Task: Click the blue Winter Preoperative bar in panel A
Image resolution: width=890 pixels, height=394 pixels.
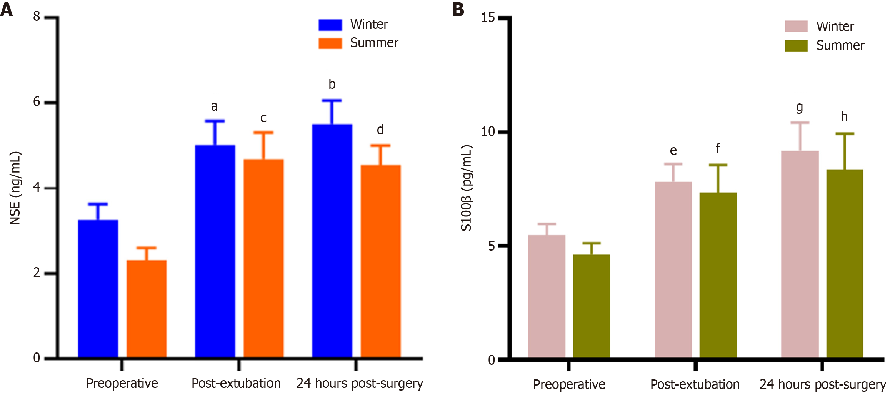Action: (x=98, y=288)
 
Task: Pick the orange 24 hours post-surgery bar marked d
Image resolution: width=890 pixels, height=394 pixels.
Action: (x=380, y=261)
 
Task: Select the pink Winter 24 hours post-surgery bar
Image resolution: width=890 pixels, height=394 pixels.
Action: (x=800, y=254)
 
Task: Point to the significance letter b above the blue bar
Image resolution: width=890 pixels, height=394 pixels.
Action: (x=332, y=84)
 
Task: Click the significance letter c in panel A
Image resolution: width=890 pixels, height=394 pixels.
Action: (x=263, y=118)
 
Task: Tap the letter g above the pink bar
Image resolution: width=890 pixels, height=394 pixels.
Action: (x=800, y=107)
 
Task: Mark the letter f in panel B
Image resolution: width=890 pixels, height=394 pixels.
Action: (x=718, y=148)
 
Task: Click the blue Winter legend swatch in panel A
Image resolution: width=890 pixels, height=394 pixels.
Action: (x=330, y=25)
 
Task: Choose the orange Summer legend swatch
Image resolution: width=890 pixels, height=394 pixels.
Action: (x=330, y=43)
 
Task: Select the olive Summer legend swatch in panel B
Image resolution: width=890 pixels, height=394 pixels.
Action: (x=796, y=45)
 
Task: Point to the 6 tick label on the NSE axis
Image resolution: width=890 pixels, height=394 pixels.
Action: (x=37, y=102)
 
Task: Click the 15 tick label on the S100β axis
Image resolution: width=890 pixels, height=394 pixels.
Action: (x=488, y=18)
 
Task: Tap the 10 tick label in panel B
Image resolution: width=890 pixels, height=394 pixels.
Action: (x=488, y=132)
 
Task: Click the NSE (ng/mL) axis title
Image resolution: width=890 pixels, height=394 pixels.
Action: (x=15, y=188)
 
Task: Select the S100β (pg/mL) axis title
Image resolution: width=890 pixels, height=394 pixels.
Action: (x=466, y=188)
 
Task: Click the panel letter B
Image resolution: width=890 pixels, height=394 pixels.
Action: (x=458, y=9)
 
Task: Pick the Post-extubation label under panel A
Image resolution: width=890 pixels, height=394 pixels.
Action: (x=236, y=383)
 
